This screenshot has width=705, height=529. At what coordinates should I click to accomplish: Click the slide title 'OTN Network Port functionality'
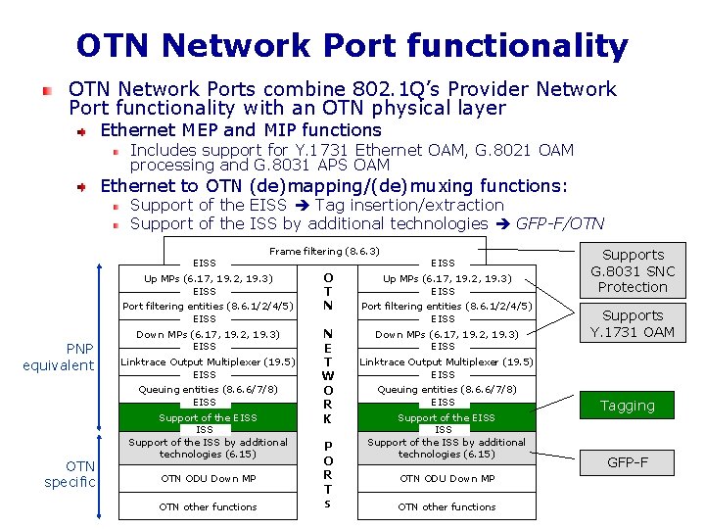point(352,45)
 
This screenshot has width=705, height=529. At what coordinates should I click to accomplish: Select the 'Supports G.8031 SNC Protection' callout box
point(633,270)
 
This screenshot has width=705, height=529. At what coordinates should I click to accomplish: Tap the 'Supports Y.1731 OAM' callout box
point(633,323)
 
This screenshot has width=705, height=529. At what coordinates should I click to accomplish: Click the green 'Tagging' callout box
point(628,406)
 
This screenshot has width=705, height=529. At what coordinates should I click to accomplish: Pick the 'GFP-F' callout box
point(628,462)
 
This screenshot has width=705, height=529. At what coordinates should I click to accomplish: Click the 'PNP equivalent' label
point(59,358)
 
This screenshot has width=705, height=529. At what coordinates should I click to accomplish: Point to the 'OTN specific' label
point(69,473)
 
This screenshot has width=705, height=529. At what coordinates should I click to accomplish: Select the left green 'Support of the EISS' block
point(209,417)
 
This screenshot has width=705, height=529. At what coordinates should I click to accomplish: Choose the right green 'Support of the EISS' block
point(446,417)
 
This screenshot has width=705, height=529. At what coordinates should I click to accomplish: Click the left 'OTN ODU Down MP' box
point(208,478)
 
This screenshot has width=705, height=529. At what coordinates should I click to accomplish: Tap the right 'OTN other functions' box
point(446,506)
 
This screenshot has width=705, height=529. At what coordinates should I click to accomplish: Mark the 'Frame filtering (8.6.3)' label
point(324,252)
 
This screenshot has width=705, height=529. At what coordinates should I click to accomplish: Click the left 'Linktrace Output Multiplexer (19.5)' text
point(208,361)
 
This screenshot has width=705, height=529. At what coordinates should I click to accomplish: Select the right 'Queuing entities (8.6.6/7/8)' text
point(446,389)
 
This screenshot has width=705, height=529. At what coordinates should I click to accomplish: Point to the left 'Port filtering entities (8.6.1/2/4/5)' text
point(208,306)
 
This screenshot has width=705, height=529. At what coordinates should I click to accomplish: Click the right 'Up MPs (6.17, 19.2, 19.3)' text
point(446,278)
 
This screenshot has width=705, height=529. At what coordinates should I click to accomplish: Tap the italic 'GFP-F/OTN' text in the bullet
point(560,223)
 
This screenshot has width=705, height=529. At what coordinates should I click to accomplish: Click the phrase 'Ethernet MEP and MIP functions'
point(241,129)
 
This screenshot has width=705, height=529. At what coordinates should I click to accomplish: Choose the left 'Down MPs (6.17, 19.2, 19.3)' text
point(208,334)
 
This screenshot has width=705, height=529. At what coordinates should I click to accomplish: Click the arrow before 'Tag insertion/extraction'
point(303,205)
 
